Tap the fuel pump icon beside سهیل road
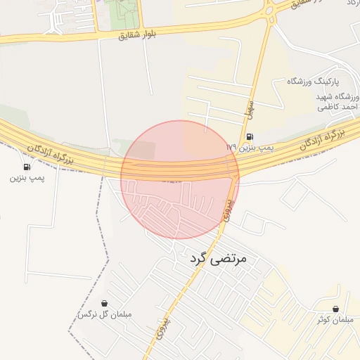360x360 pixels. tap(250, 137)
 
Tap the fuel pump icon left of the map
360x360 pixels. tap(27, 167)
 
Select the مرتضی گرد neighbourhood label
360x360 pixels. tap(219, 259)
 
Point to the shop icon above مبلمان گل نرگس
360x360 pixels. tap(105, 303)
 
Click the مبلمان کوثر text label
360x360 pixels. tap(333, 320)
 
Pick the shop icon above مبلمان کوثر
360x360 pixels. tap(335, 309)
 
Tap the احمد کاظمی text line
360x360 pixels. tap(338, 107)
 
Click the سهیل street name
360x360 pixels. tap(248, 105)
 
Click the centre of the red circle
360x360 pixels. tap(180, 179)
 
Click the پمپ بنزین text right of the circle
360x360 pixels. tap(255, 148)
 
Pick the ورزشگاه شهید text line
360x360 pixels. tap(333, 96)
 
